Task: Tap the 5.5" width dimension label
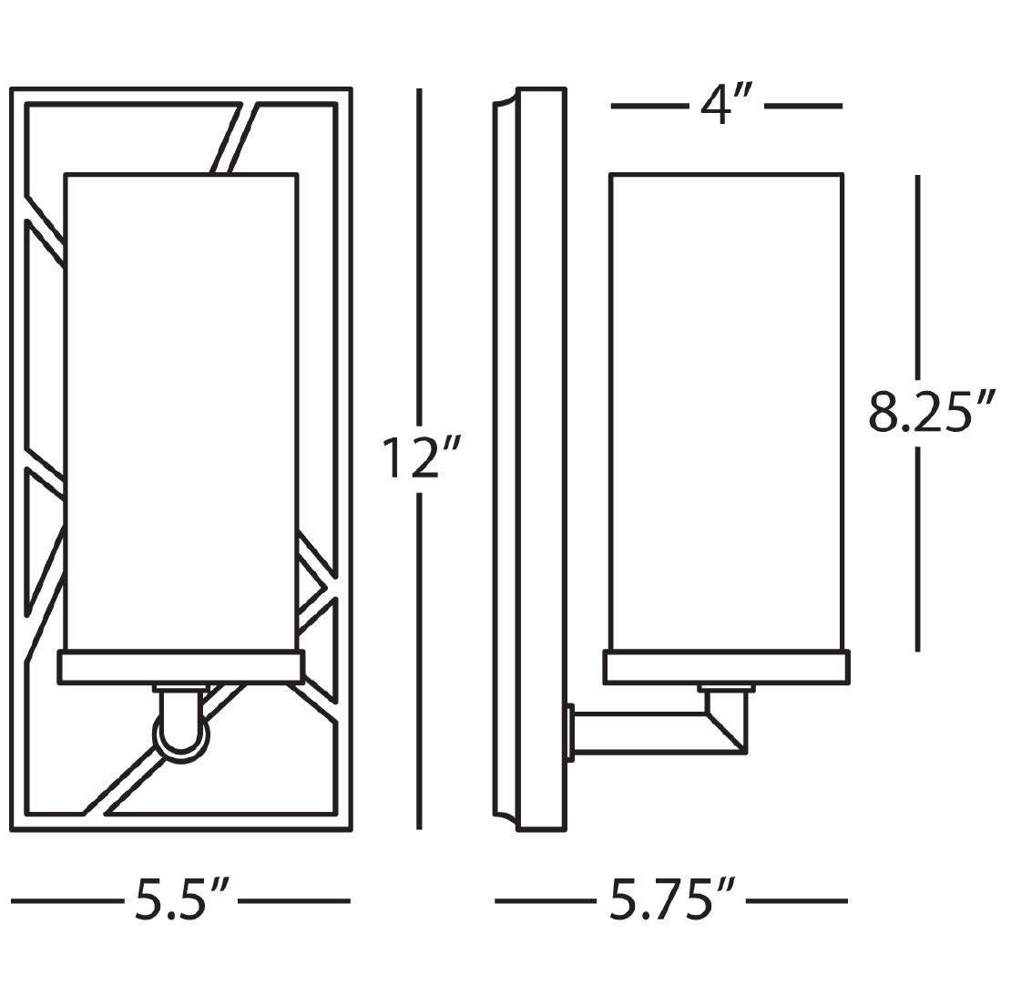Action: tap(180, 900)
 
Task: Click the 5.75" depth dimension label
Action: tap(672, 900)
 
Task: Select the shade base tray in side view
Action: tap(726, 666)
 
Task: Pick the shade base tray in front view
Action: tap(180, 666)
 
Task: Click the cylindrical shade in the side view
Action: tap(726, 410)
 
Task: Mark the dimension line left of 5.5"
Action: tap(66, 901)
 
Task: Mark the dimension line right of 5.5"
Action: tap(294, 901)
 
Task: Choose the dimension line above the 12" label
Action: tap(419, 255)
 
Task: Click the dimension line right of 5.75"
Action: tap(797, 901)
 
